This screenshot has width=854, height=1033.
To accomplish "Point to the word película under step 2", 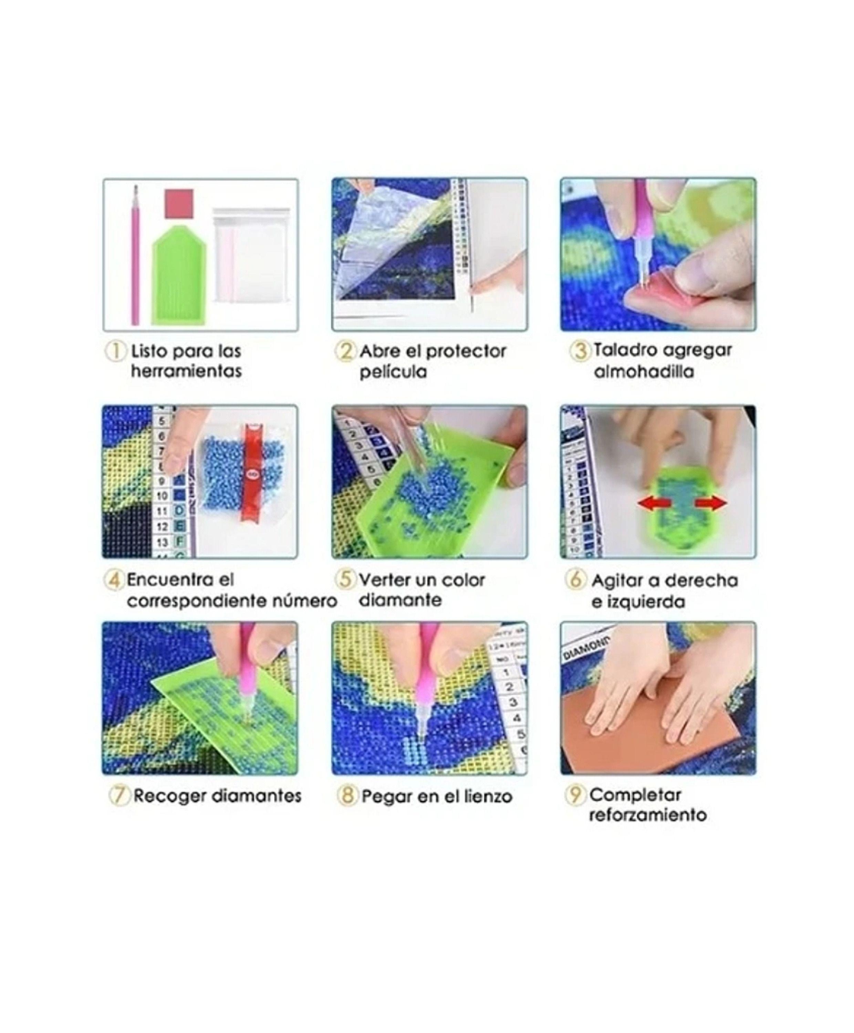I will (x=393, y=372).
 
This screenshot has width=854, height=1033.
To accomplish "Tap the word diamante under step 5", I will (x=400, y=601).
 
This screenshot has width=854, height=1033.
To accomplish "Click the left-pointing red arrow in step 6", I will (x=652, y=503).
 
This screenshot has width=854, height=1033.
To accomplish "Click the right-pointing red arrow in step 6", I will (x=711, y=503).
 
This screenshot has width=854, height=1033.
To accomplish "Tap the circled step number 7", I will (x=118, y=795).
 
